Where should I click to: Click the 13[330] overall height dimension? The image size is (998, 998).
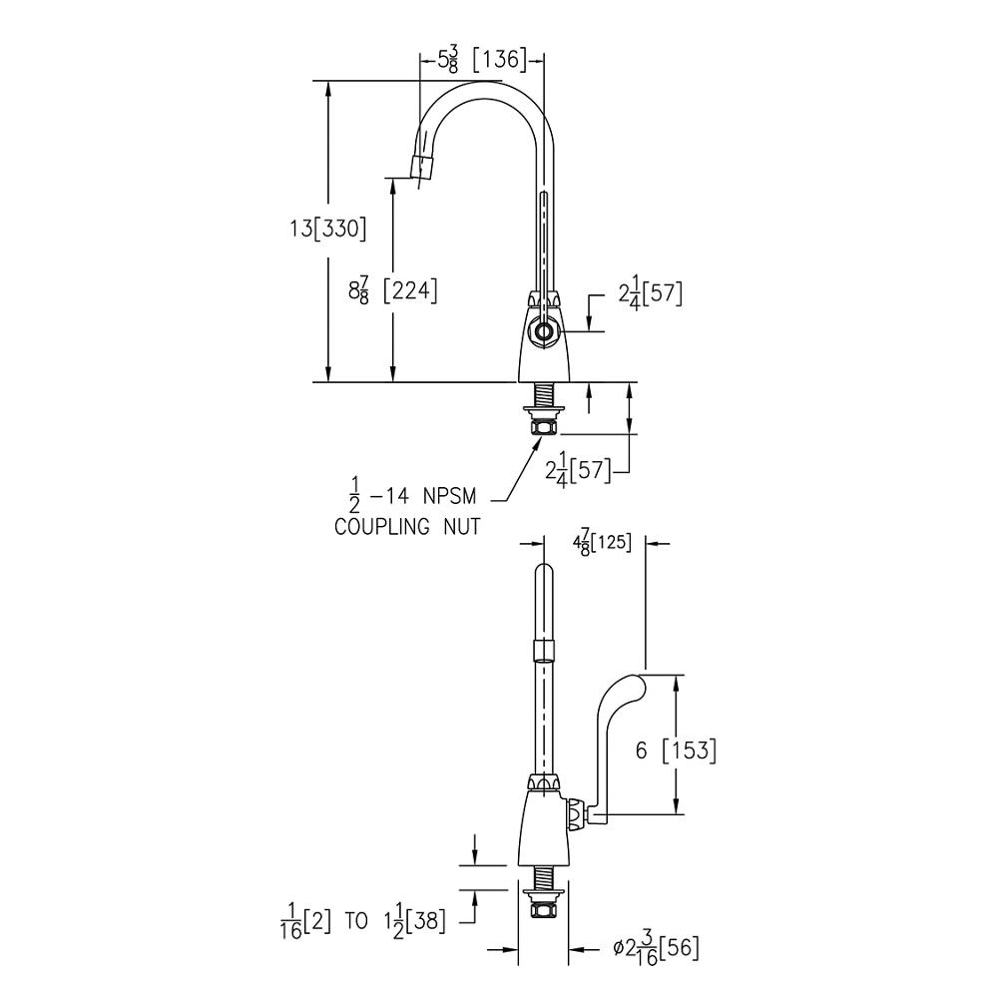tap(328, 229)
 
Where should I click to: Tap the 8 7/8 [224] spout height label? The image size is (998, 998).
tap(392, 290)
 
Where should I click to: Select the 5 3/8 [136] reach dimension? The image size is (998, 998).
tap(482, 60)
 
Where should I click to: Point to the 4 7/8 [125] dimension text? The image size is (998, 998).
tap(602, 544)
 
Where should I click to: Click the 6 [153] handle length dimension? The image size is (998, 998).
tap(676, 750)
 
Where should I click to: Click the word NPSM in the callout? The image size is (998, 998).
tap(449, 496)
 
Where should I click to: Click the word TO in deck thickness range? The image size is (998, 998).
tap(356, 921)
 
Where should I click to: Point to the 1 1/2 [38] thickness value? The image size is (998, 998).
tap(413, 921)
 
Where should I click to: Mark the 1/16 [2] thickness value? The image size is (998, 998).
tap(305, 921)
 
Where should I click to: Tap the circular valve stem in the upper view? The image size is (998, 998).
tap(544, 331)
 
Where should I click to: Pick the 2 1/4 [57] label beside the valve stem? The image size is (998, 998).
tap(650, 294)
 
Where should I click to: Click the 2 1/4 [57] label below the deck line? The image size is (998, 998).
tap(578, 470)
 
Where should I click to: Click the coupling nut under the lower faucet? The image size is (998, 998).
tap(543, 906)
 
